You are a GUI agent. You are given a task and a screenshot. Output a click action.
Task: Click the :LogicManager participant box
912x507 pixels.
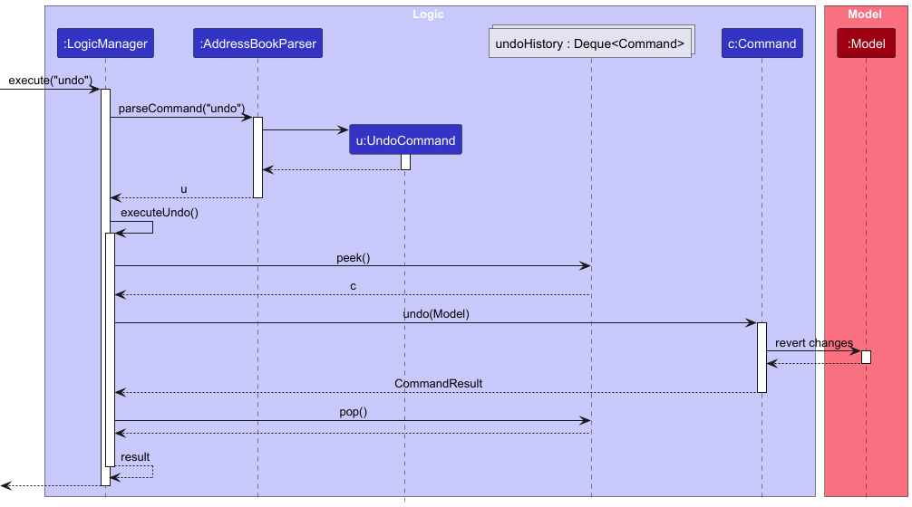(x=105, y=43)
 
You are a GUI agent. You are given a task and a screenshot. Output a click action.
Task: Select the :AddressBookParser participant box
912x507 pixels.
(x=257, y=43)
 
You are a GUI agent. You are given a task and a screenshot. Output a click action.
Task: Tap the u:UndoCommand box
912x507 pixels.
(x=405, y=140)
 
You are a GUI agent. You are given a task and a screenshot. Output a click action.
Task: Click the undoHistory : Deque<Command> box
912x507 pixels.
(x=589, y=43)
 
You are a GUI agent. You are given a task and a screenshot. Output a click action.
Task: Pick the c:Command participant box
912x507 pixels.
(x=762, y=43)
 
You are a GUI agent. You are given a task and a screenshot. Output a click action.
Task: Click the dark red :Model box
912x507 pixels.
(x=866, y=43)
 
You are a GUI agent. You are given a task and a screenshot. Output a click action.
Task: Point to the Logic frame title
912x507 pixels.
(x=428, y=14)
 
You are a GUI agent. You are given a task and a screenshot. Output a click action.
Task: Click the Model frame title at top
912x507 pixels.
(x=864, y=14)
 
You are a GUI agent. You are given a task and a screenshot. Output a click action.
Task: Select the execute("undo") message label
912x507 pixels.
(x=51, y=81)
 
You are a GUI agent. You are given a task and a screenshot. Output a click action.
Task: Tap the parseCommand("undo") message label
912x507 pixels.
(x=181, y=109)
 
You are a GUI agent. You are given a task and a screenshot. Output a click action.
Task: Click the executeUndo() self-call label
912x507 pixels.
(x=159, y=213)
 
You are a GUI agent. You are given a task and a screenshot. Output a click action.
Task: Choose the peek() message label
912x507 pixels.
(x=353, y=258)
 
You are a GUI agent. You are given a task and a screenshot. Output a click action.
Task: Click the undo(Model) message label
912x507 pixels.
(x=436, y=314)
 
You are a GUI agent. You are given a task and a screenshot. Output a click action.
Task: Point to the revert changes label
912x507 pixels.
(x=813, y=343)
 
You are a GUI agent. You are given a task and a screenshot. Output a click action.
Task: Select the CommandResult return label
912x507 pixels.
(x=438, y=384)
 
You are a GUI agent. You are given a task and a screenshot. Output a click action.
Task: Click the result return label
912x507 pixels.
(x=135, y=457)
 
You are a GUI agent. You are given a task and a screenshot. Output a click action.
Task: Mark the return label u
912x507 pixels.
(x=184, y=190)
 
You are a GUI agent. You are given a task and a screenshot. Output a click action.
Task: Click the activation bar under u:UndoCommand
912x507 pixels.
(x=405, y=162)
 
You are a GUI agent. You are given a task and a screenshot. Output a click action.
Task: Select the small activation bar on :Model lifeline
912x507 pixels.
(x=866, y=357)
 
